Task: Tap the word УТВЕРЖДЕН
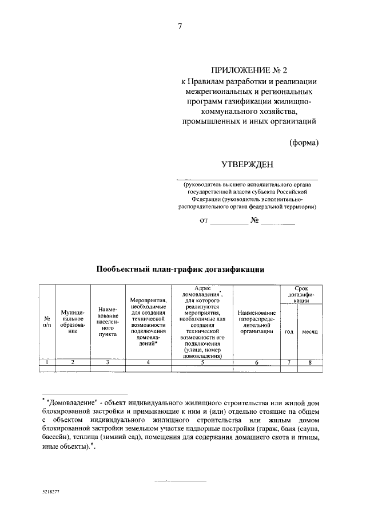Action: point(246,165)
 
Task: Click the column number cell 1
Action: point(46,362)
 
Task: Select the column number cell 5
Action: point(203,362)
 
